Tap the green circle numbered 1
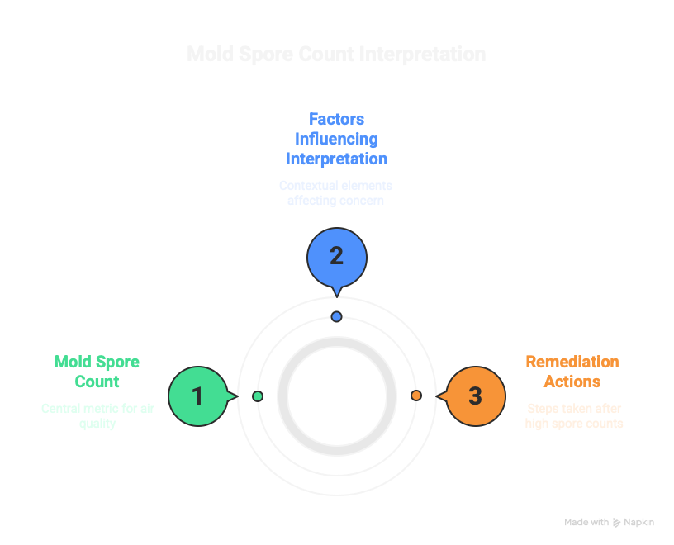click(x=197, y=396)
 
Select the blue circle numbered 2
click(x=336, y=256)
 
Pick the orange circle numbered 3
click(x=475, y=396)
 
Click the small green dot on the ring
click(x=258, y=396)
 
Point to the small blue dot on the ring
click(x=336, y=317)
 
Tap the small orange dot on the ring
click(x=416, y=396)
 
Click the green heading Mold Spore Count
click(x=97, y=372)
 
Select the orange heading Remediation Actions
click(x=572, y=372)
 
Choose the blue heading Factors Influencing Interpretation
click(x=336, y=138)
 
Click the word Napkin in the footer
click(x=639, y=523)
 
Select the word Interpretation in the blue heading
click(x=336, y=158)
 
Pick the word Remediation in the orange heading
click(x=572, y=362)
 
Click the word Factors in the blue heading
click(x=336, y=118)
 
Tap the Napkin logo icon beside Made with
click(x=616, y=523)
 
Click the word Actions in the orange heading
click(x=572, y=381)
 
